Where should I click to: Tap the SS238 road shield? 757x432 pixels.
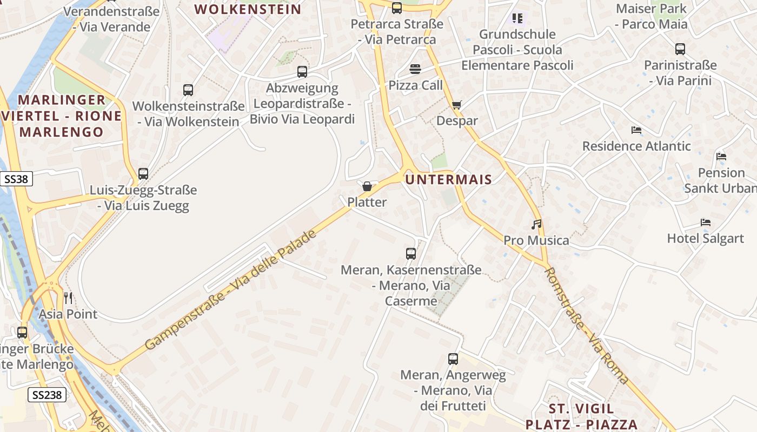47,395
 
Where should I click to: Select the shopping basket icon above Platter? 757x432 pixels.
367,187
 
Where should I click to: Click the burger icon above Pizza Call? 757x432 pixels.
415,69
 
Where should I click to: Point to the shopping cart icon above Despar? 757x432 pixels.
457,105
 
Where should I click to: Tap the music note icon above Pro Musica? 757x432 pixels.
536,224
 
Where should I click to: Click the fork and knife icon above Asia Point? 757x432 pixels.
68,298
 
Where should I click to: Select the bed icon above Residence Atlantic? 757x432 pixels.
636,130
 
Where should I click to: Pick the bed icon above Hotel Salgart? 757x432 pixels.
705,222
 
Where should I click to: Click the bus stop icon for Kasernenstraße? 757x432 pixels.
411,253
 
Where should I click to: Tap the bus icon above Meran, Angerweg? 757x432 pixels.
453,359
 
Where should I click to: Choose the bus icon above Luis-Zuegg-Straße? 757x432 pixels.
143,174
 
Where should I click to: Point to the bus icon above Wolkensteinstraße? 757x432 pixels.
188,90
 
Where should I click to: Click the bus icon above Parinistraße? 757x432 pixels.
680,49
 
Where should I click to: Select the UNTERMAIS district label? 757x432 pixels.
449,180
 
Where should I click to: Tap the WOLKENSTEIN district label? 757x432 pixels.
248,9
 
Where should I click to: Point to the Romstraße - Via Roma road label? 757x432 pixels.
587,326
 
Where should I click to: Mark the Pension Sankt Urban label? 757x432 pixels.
721,180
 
